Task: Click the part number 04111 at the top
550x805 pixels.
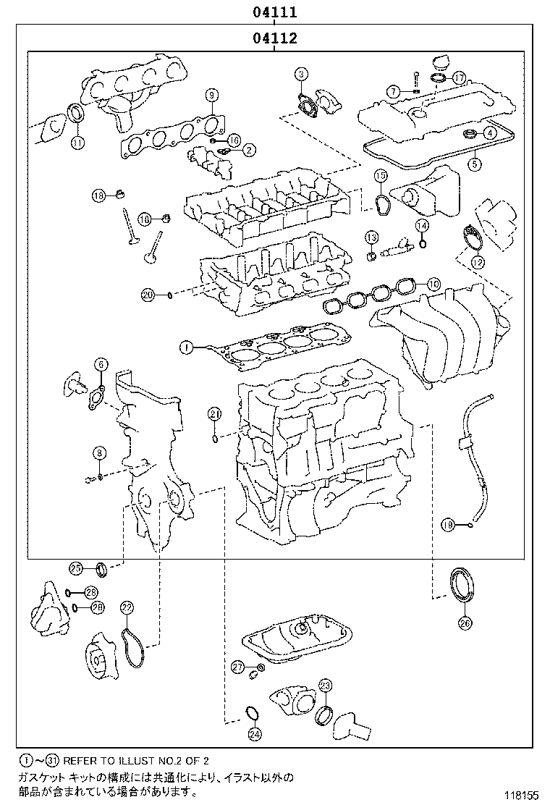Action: (x=274, y=12)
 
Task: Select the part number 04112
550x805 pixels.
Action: (x=274, y=38)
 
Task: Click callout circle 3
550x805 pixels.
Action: (x=302, y=73)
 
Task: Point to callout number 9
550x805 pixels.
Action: (x=211, y=96)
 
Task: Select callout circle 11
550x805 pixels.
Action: (x=77, y=142)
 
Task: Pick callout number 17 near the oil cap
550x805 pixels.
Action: (x=457, y=77)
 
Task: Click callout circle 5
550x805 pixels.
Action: (x=474, y=164)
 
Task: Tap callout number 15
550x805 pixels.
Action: (x=380, y=176)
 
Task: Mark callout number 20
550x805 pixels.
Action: (x=148, y=294)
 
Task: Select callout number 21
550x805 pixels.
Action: (x=214, y=414)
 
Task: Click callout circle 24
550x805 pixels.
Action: (x=254, y=735)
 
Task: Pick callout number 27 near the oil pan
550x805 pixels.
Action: (x=238, y=666)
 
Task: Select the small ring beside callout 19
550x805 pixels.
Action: (x=470, y=526)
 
